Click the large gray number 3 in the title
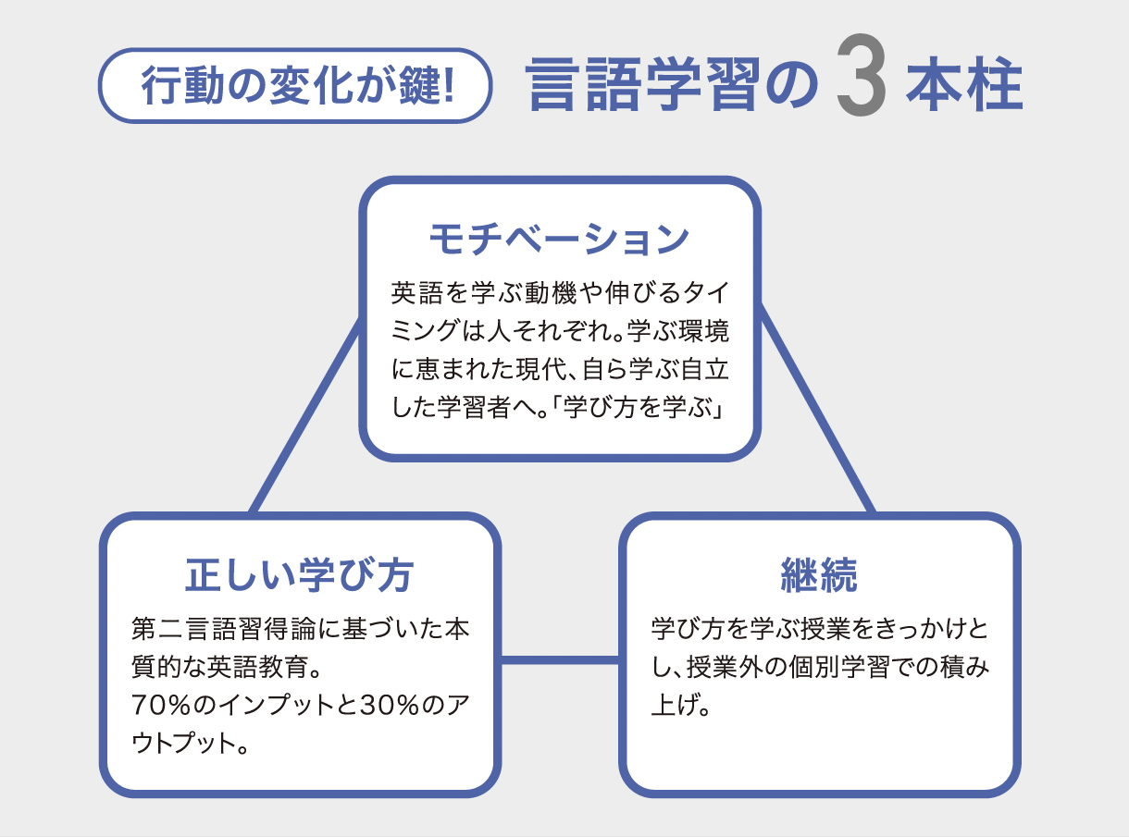(x=862, y=75)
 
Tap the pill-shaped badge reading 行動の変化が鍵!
(x=295, y=85)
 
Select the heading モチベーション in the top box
(x=560, y=240)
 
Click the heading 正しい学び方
(x=299, y=575)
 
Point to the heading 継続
(x=819, y=575)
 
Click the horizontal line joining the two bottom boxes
(x=560, y=660)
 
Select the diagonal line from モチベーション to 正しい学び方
(x=305, y=414)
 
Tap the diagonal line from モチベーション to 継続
(x=817, y=407)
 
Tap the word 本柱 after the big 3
(x=964, y=85)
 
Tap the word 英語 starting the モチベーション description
(x=416, y=293)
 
